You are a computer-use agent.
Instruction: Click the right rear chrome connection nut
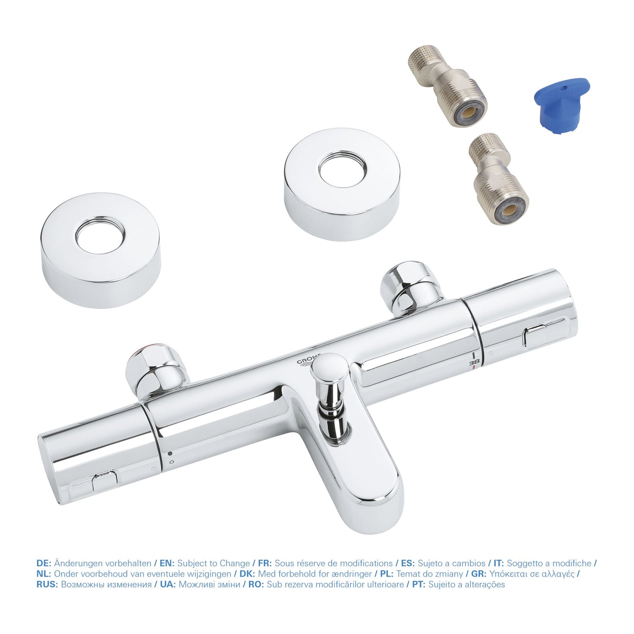[410, 287]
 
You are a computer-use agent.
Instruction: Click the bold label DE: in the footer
[44, 563]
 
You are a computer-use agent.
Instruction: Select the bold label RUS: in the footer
[48, 585]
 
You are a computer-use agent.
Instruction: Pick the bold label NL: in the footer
[44, 574]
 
